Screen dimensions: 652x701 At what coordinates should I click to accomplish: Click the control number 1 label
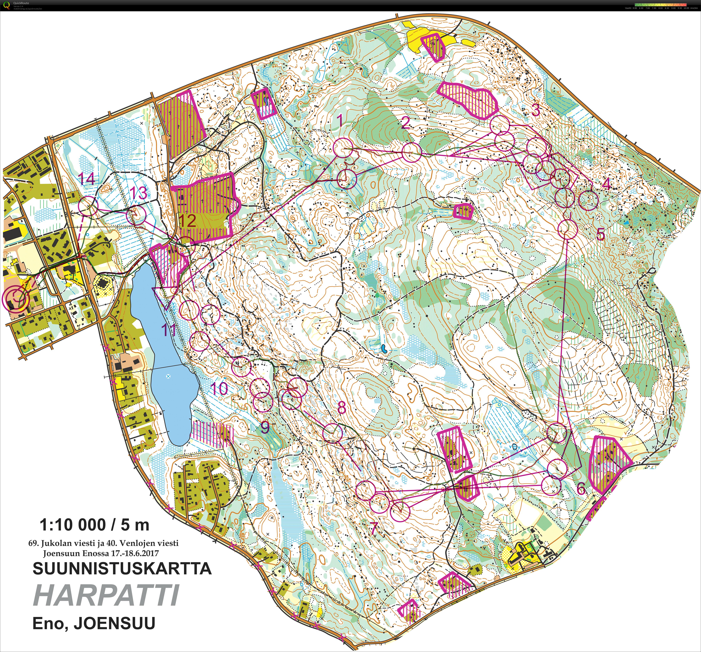(340, 121)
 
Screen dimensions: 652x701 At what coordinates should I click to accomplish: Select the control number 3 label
(536, 110)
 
